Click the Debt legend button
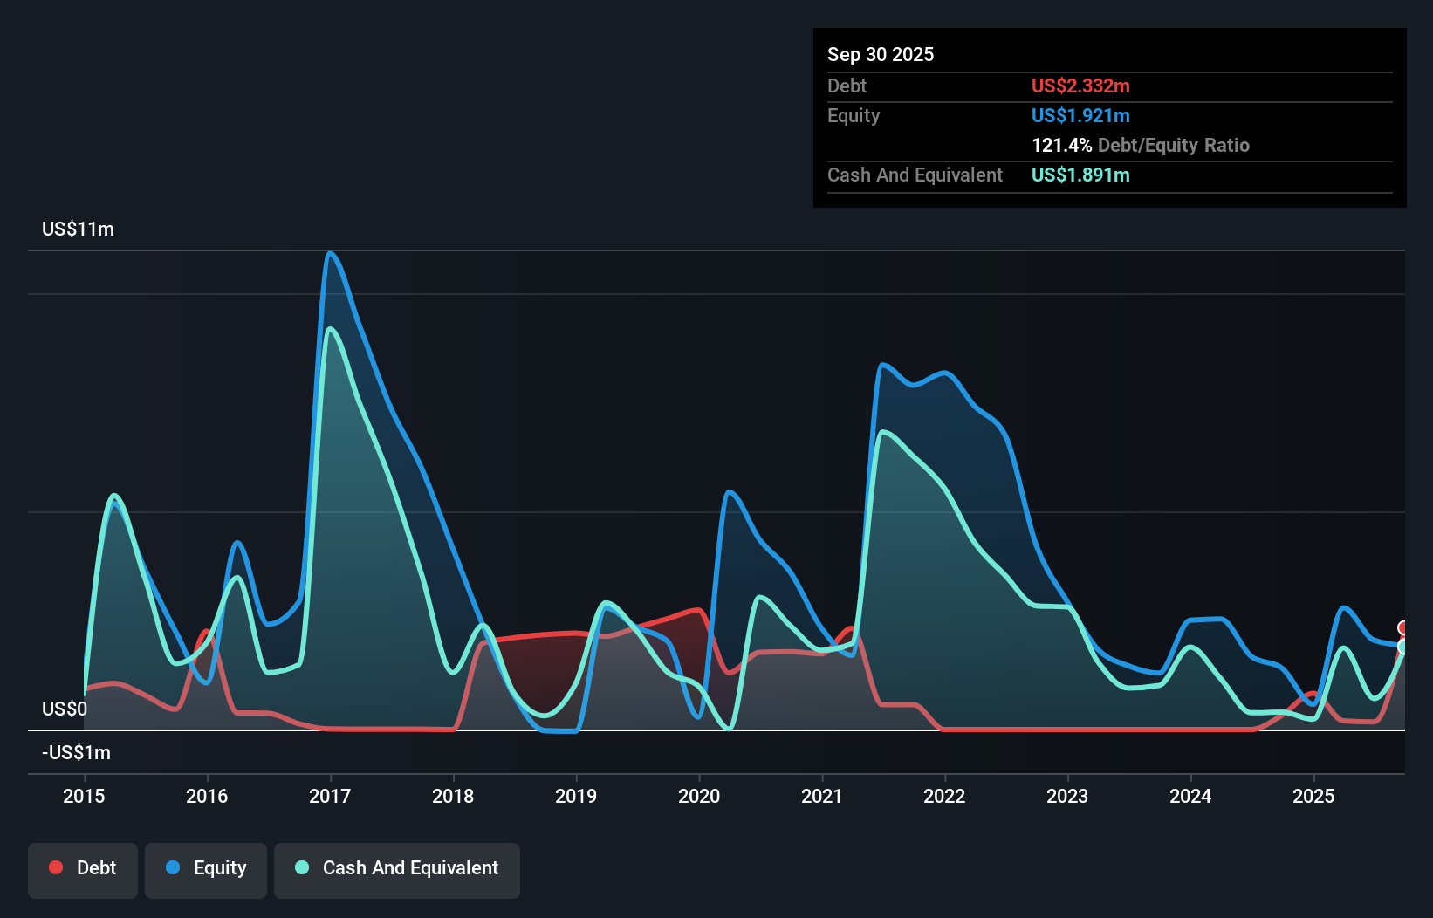pyautogui.click(x=83, y=868)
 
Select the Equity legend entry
pyautogui.click(x=206, y=868)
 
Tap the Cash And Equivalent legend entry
pyautogui.click(x=397, y=868)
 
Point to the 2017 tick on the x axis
pyautogui.click(x=330, y=796)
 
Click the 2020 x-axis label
pyautogui.click(x=699, y=796)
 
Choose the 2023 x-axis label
pyautogui.click(x=1067, y=796)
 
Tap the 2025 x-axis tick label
pyautogui.click(x=1313, y=796)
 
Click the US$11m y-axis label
pyautogui.click(x=78, y=229)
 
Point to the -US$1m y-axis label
pyautogui.click(x=76, y=752)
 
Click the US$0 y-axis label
pyautogui.click(x=65, y=709)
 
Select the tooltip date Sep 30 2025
pyautogui.click(x=881, y=55)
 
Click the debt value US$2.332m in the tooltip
pyautogui.click(x=1080, y=86)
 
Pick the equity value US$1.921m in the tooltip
pyautogui.click(x=1080, y=116)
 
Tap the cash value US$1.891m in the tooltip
pyautogui.click(x=1080, y=175)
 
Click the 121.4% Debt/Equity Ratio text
pyautogui.click(x=1140, y=146)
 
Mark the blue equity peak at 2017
pyautogui.click(x=330, y=254)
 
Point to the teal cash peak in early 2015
pyautogui.click(x=114, y=496)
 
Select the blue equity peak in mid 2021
pyautogui.click(x=883, y=365)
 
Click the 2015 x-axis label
pyautogui.click(x=84, y=796)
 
